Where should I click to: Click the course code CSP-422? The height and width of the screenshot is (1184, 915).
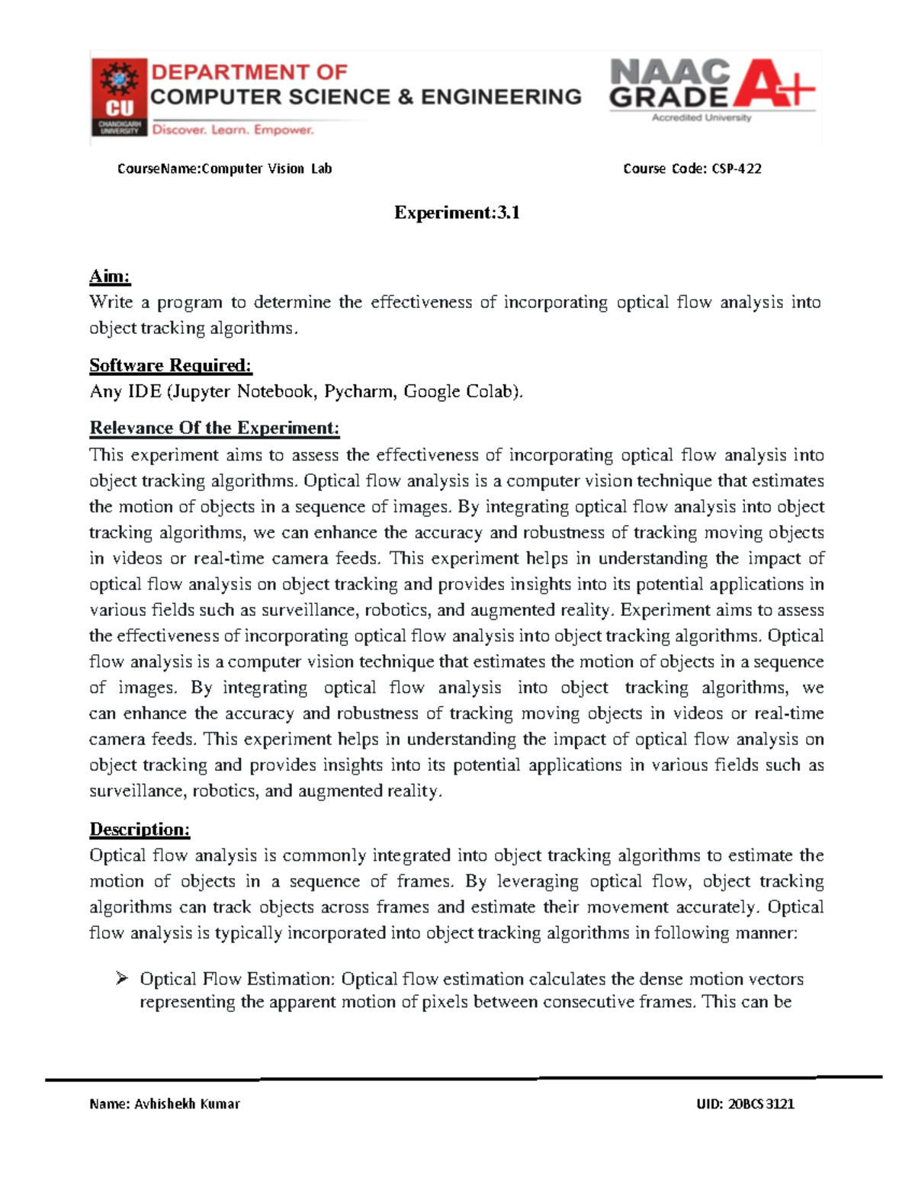click(x=736, y=168)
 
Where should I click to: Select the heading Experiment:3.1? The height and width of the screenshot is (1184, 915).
click(x=457, y=213)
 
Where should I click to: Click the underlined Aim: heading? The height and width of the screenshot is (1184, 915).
click(x=110, y=276)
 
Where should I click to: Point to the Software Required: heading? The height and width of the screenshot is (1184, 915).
click(x=170, y=365)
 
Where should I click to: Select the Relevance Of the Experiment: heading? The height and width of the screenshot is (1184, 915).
click(x=214, y=428)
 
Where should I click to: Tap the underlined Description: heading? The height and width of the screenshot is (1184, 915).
click(x=140, y=829)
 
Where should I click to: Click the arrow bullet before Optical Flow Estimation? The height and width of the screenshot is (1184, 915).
click(x=122, y=978)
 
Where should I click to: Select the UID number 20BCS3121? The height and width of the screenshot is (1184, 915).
click(x=760, y=1103)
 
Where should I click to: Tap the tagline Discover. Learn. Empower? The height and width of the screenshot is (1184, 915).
click(x=233, y=130)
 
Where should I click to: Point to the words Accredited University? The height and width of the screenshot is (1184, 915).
click(x=701, y=117)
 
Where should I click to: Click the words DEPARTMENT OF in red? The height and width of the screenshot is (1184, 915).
click(x=249, y=72)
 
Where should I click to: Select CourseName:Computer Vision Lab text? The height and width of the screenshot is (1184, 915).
click(x=224, y=168)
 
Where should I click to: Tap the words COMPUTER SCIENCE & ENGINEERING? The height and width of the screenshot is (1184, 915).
click(x=365, y=97)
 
